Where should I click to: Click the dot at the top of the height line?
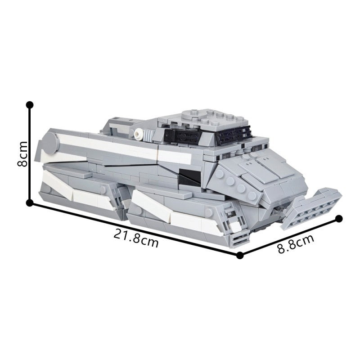coord(30,105)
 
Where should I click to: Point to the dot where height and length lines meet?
coord(30,203)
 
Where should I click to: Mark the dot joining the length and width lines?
coord(240,255)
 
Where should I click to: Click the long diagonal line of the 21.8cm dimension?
coord(135,229)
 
